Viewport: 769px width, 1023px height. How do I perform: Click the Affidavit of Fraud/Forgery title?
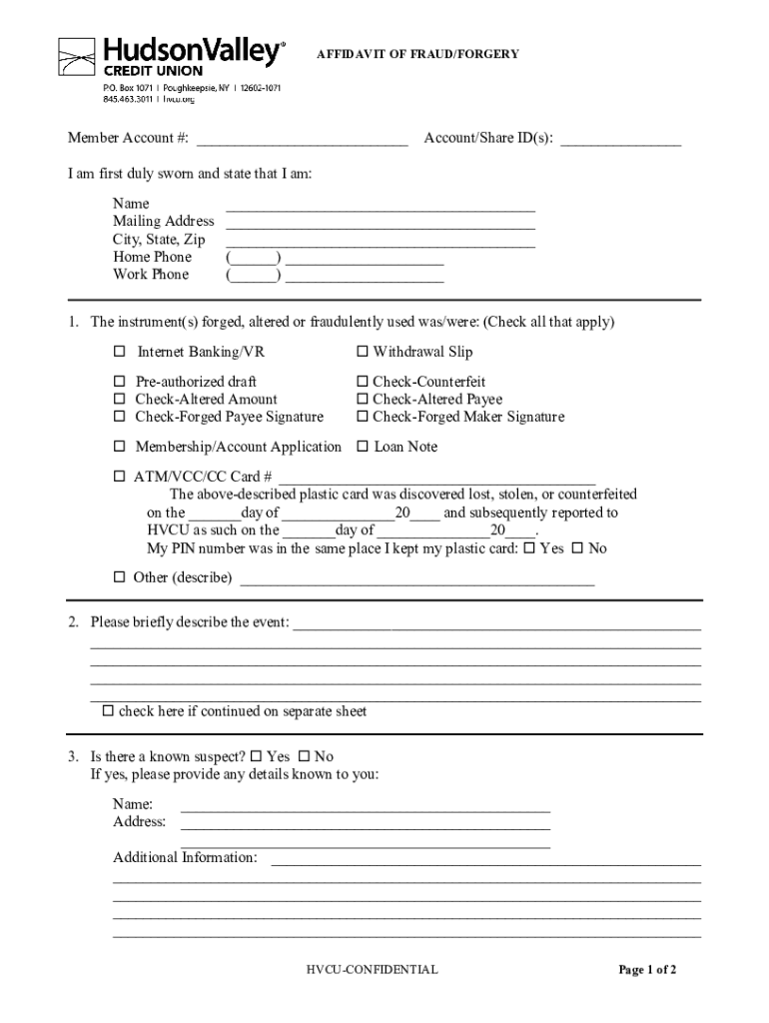417,54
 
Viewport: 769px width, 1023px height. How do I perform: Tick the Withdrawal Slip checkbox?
364,352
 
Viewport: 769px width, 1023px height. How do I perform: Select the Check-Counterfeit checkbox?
364,382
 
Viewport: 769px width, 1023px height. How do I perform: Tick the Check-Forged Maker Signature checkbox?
364,417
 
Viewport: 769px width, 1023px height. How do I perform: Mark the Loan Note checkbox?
364,447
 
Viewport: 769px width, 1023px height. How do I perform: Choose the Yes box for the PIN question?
529,548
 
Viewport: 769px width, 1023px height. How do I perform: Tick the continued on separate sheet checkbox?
108,711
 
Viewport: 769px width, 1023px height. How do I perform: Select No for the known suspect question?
306,756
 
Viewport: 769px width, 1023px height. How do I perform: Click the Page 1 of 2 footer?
647,969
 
